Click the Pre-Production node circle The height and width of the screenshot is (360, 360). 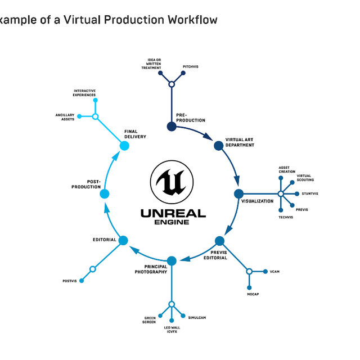(172, 127)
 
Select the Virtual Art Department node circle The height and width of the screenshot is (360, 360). (219, 146)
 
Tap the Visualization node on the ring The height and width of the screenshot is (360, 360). (238, 193)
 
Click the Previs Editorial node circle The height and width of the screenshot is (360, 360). (219, 241)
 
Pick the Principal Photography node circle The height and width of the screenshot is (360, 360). (172, 261)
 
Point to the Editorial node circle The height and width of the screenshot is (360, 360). (124, 241)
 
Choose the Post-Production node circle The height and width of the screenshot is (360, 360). (104, 193)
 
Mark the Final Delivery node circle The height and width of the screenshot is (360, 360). (124, 146)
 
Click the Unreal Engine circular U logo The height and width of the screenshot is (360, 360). (171, 183)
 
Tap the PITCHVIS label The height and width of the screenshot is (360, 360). (190, 67)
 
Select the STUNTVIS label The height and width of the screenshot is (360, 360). (309, 193)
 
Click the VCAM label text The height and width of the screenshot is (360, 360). (274, 272)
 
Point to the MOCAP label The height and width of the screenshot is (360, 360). (253, 294)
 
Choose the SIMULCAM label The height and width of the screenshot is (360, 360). (197, 318)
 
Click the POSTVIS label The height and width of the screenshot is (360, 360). (69, 281)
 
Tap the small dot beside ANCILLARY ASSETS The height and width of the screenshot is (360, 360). (79, 116)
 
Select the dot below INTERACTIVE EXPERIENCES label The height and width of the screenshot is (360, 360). (96, 101)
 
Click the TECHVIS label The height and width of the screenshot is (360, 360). (285, 217)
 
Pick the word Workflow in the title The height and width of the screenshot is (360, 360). (190, 20)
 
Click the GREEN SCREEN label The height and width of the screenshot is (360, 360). (150, 320)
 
